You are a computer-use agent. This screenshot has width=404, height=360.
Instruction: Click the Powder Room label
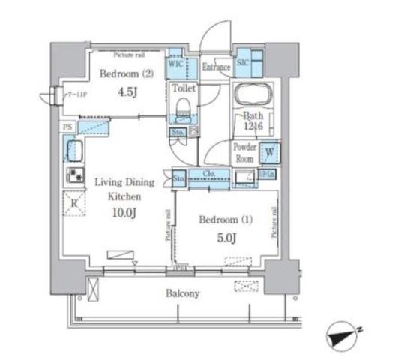coord(245,152)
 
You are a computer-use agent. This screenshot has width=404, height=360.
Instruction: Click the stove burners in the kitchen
coord(75,176)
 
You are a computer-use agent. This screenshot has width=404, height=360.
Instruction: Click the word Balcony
coord(182,293)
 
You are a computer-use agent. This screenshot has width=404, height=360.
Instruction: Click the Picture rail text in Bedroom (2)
coord(129,55)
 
